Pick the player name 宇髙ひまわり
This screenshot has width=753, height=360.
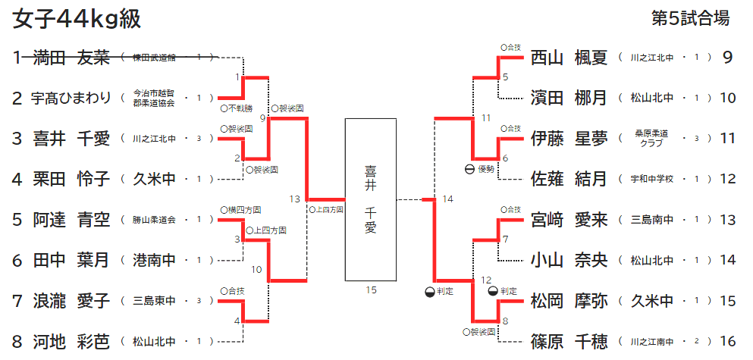coord(71,98)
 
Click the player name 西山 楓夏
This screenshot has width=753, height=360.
coord(569,57)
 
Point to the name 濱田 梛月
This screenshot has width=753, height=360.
coord(569,98)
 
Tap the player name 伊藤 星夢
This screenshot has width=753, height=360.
coord(569,139)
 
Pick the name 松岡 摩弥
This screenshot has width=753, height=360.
coord(569,301)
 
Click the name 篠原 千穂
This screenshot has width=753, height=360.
coord(569,341)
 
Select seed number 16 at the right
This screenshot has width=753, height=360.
coord(728,341)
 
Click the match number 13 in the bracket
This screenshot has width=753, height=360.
coord(295,199)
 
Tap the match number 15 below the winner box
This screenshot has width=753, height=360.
coord(370,289)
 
